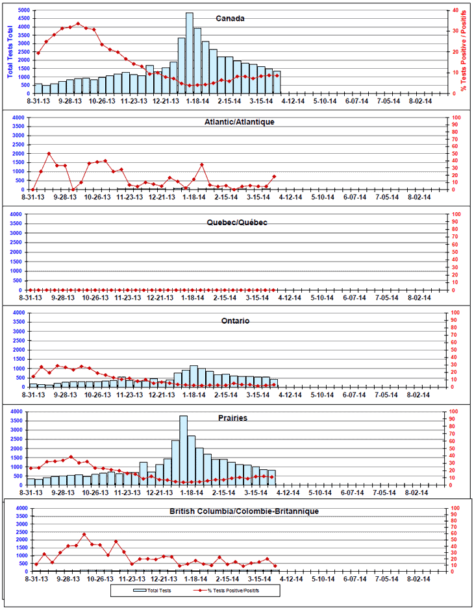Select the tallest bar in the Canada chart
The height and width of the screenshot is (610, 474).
[x=190, y=52]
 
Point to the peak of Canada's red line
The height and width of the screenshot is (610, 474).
[x=78, y=23]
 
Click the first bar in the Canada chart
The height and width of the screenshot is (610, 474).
[x=38, y=88]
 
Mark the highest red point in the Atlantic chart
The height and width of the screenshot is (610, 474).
[x=49, y=153]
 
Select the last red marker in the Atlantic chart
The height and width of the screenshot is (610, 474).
[x=274, y=176]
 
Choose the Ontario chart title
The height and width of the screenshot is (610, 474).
[x=234, y=321]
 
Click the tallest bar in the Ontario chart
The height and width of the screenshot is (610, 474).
[x=193, y=376]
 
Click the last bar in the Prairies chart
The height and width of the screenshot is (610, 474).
[x=272, y=478]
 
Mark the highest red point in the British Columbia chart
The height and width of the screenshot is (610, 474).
[x=84, y=535]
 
